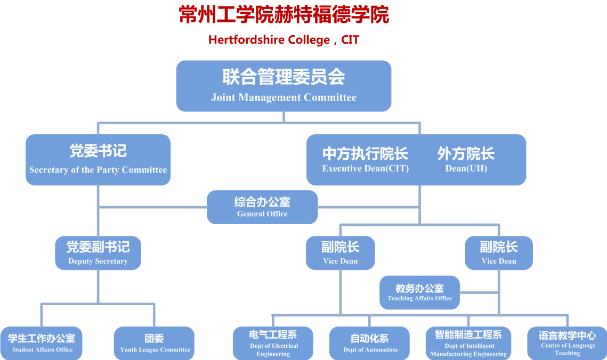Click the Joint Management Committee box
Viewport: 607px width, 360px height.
pyautogui.click(x=284, y=86)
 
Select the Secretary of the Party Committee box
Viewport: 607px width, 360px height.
pyautogui.click(x=98, y=160)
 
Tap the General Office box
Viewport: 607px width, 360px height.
pyautogui.click(x=262, y=207)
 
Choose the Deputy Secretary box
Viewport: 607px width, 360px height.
pyautogui.click(x=98, y=253)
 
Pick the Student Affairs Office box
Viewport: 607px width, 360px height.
pyautogui.click(x=42, y=343)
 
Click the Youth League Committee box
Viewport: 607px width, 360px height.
pyautogui.click(x=154, y=343)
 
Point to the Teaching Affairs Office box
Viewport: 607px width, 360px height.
pyautogui.click(x=419, y=292)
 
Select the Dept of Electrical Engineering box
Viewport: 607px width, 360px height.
pyautogui.click(x=273, y=343)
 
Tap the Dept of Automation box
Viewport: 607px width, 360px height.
pyautogui.click(x=369, y=343)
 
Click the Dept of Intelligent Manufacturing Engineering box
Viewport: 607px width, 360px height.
pyautogui.click(x=468, y=343)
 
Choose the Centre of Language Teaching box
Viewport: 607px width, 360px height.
pyautogui.click(x=567, y=343)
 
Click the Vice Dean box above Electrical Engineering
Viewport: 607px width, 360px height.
pyautogui.click(x=341, y=253)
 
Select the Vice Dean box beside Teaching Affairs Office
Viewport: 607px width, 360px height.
pyautogui.click(x=499, y=253)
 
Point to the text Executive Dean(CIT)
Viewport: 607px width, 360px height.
pyautogui.click(x=366, y=169)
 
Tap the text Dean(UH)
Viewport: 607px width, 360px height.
pyautogui.click(x=466, y=169)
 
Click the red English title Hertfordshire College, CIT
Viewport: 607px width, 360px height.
pyautogui.click(x=284, y=40)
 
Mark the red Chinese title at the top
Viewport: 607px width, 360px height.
pyautogui.click(x=284, y=15)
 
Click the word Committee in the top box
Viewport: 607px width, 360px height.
pyautogui.click(x=330, y=97)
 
